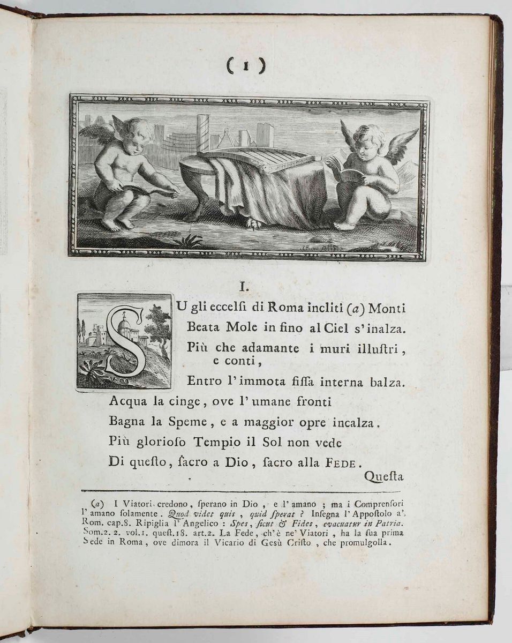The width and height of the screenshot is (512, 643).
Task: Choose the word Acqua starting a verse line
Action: (127, 402)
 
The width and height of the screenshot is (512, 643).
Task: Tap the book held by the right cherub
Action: (344, 173)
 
